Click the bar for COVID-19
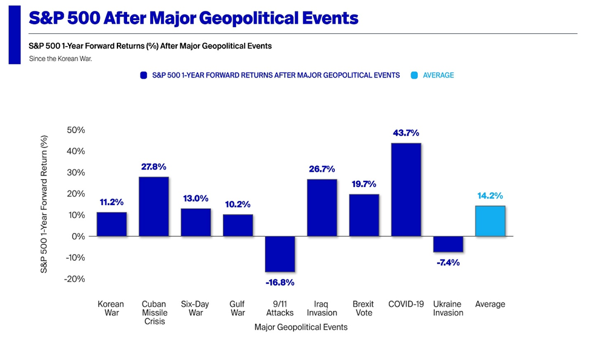406,189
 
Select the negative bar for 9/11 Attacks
280,254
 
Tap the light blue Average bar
490,221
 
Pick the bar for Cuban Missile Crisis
154,206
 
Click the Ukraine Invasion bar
448,244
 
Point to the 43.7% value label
406,133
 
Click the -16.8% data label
280,282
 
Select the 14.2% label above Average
490,196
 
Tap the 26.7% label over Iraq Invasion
322,169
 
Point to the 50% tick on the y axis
76,130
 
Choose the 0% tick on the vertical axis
79,237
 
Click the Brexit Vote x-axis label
363,309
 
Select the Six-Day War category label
196,309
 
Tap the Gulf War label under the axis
237,309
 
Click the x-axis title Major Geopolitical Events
301,327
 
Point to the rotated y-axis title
44,204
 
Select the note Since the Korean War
61,59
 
